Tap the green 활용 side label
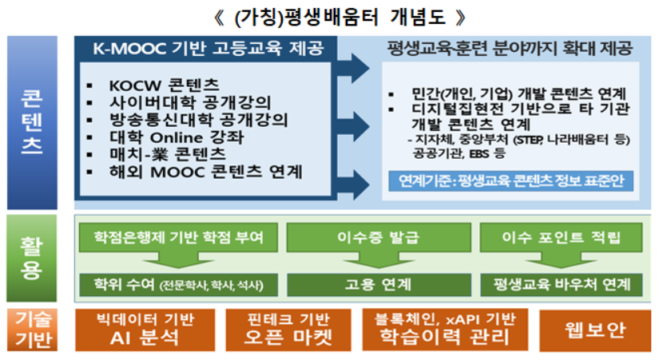pos(33,258)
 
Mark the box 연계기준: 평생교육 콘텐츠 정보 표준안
pos(512,180)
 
